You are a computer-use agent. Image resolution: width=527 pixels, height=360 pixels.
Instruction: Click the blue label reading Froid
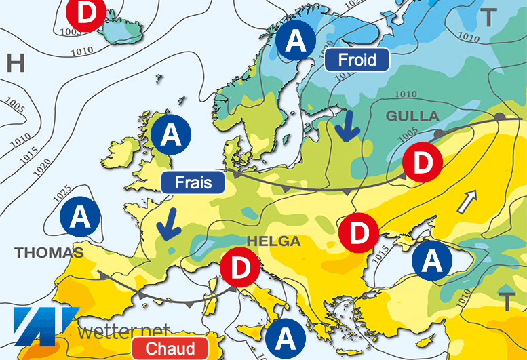click(357, 60)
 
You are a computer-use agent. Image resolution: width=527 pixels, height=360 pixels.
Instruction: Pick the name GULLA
click(412, 116)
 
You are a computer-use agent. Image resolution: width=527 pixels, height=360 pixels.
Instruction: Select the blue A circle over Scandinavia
click(296, 41)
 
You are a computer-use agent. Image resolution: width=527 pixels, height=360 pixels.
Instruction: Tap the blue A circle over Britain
click(172, 136)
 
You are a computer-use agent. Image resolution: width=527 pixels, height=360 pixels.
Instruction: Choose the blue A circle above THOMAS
click(80, 218)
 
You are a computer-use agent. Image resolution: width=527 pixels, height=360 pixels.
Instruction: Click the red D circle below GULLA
click(423, 163)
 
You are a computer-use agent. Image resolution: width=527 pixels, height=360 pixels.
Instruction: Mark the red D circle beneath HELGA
click(240, 268)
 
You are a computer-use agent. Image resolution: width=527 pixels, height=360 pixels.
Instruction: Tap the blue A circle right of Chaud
click(286, 337)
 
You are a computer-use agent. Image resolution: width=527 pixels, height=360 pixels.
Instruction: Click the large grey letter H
click(16, 63)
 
